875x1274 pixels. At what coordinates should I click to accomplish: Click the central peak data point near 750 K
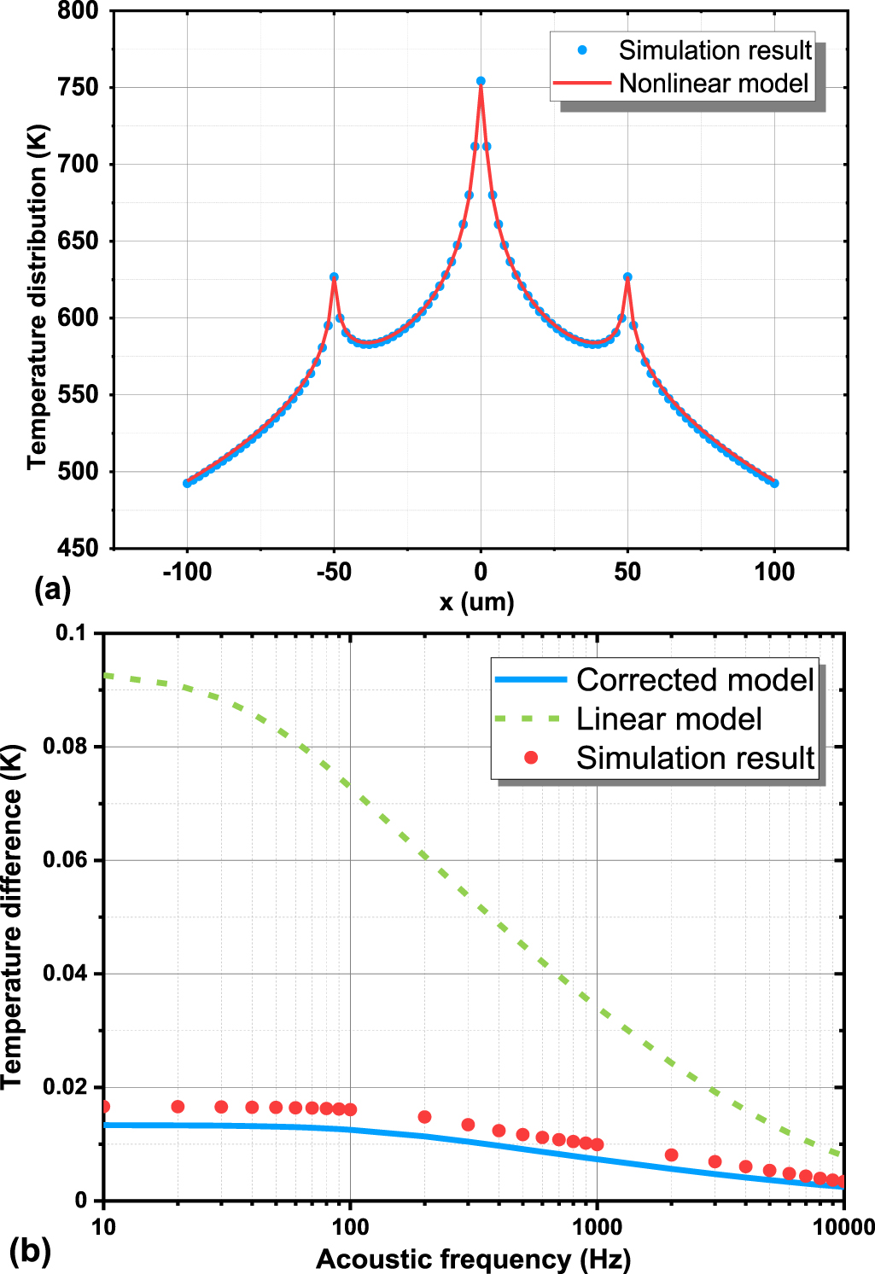pyautogui.click(x=481, y=82)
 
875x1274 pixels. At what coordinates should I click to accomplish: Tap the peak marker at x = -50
pyautogui.click(x=334, y=277)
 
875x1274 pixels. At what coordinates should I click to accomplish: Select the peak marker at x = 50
pyautogui.click(x=627, y=277)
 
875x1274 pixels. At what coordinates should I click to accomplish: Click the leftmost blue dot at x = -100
pyautogui.click(x=187, y=483)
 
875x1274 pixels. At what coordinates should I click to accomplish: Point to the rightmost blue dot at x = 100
pyautogui.click(x=774, y=483)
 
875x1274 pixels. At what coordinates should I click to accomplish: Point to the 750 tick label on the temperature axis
pyautogui.click(x=79, y=88)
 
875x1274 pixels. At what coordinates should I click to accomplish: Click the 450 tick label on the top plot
pyautogui.click(x=79, y=548)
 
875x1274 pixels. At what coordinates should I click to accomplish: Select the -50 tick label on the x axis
pyautogui.click(x=334, y=573)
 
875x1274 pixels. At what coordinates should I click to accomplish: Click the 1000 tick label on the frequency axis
pyautogui.click(x=596, y=1228)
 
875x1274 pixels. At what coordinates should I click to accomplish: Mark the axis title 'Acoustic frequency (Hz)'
pyautogui.click(x=474, y=1259)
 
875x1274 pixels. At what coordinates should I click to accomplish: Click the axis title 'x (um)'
pyautogui.click(x=476, y=602)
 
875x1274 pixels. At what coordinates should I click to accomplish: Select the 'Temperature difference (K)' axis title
pyautogui.click(x=12, y=917)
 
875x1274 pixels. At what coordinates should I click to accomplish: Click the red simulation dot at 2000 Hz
pyautogui.click(x=671, y=1155)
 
